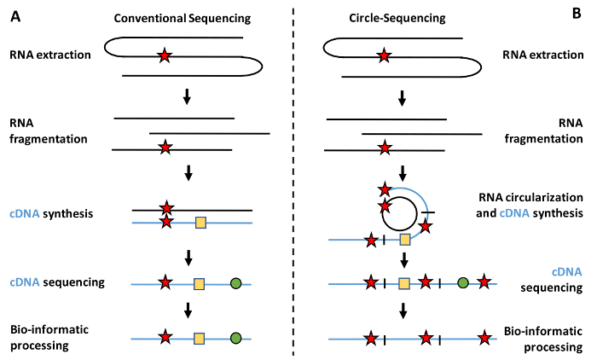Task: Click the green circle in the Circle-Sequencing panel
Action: click(x=462, y=282)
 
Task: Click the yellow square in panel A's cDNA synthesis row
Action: click(x=200, y=223)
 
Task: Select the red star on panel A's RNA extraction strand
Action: click(x=164, y=57)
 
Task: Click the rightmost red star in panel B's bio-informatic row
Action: click(x=485, y=340)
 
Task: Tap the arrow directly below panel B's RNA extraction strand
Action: click(x=403, y=98)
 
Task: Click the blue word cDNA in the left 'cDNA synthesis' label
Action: click(x=21, y=212)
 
